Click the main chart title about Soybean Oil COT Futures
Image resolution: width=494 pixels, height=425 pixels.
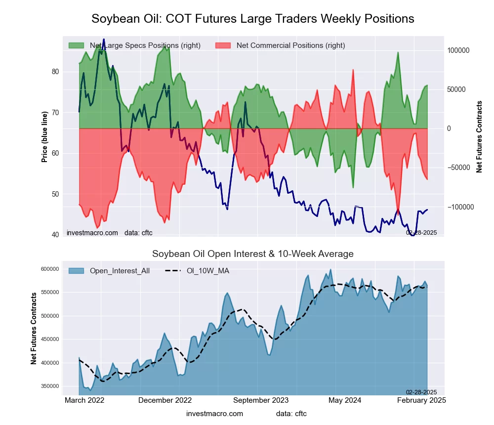253,19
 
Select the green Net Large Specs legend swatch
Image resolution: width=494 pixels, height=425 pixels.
77,45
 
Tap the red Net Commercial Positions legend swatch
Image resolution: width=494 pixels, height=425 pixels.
224,45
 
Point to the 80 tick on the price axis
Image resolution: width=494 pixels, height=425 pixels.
55,72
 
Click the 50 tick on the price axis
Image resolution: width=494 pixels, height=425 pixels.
55,194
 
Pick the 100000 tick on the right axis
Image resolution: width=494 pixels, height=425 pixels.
458,50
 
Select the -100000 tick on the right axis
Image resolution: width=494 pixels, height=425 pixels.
459,207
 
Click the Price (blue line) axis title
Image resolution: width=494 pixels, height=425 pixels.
44,137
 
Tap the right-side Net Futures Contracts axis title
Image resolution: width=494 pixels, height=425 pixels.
479,137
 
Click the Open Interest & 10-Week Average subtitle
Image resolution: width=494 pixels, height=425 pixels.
253,254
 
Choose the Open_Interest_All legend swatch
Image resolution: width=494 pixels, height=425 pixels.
77,270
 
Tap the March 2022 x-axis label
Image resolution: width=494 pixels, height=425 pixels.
84,400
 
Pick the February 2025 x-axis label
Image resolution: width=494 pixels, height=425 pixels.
421,400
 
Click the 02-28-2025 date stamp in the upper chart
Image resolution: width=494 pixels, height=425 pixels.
421,232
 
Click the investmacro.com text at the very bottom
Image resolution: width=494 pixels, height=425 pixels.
214,414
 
